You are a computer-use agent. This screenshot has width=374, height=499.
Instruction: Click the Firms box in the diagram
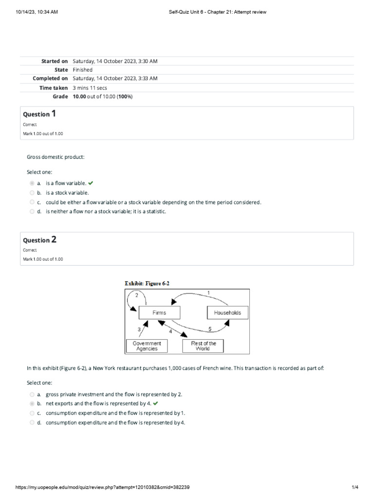tap(159, 312)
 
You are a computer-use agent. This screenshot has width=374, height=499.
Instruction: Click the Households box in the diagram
tap(227, 312)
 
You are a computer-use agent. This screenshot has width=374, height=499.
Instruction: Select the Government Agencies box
tap(147, 346)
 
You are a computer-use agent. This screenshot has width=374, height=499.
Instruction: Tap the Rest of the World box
tap(203, 346)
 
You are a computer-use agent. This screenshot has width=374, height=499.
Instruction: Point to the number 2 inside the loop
tap(137, 295)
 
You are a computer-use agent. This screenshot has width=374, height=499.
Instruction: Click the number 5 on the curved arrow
tap(210, 329)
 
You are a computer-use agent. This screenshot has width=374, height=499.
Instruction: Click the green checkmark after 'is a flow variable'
tap(91, 183)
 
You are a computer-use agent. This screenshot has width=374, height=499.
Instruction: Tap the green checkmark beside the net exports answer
tap(155, 404)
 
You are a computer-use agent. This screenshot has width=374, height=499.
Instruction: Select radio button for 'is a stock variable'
tap(32, 193)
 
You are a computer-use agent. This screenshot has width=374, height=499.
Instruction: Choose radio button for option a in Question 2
tap(32, 395)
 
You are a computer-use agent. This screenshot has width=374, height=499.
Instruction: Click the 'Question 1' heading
tap(39, 114)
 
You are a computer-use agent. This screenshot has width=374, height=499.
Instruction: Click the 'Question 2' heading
tap(39, 240)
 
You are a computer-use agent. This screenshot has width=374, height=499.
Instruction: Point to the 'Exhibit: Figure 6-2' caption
tap(148, 283)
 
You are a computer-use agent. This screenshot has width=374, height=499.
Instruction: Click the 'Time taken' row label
tap(54, 88)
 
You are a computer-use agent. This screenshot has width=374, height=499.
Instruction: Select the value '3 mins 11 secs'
tap(90, 88)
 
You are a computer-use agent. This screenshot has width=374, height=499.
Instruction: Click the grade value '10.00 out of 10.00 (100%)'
tap(103, 96)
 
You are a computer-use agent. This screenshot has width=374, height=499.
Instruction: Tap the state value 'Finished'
tap(82, 70)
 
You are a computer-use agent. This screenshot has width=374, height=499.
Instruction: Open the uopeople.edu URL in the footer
tap(103, 487)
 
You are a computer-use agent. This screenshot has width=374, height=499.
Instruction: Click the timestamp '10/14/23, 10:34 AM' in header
tap(37, 12)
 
